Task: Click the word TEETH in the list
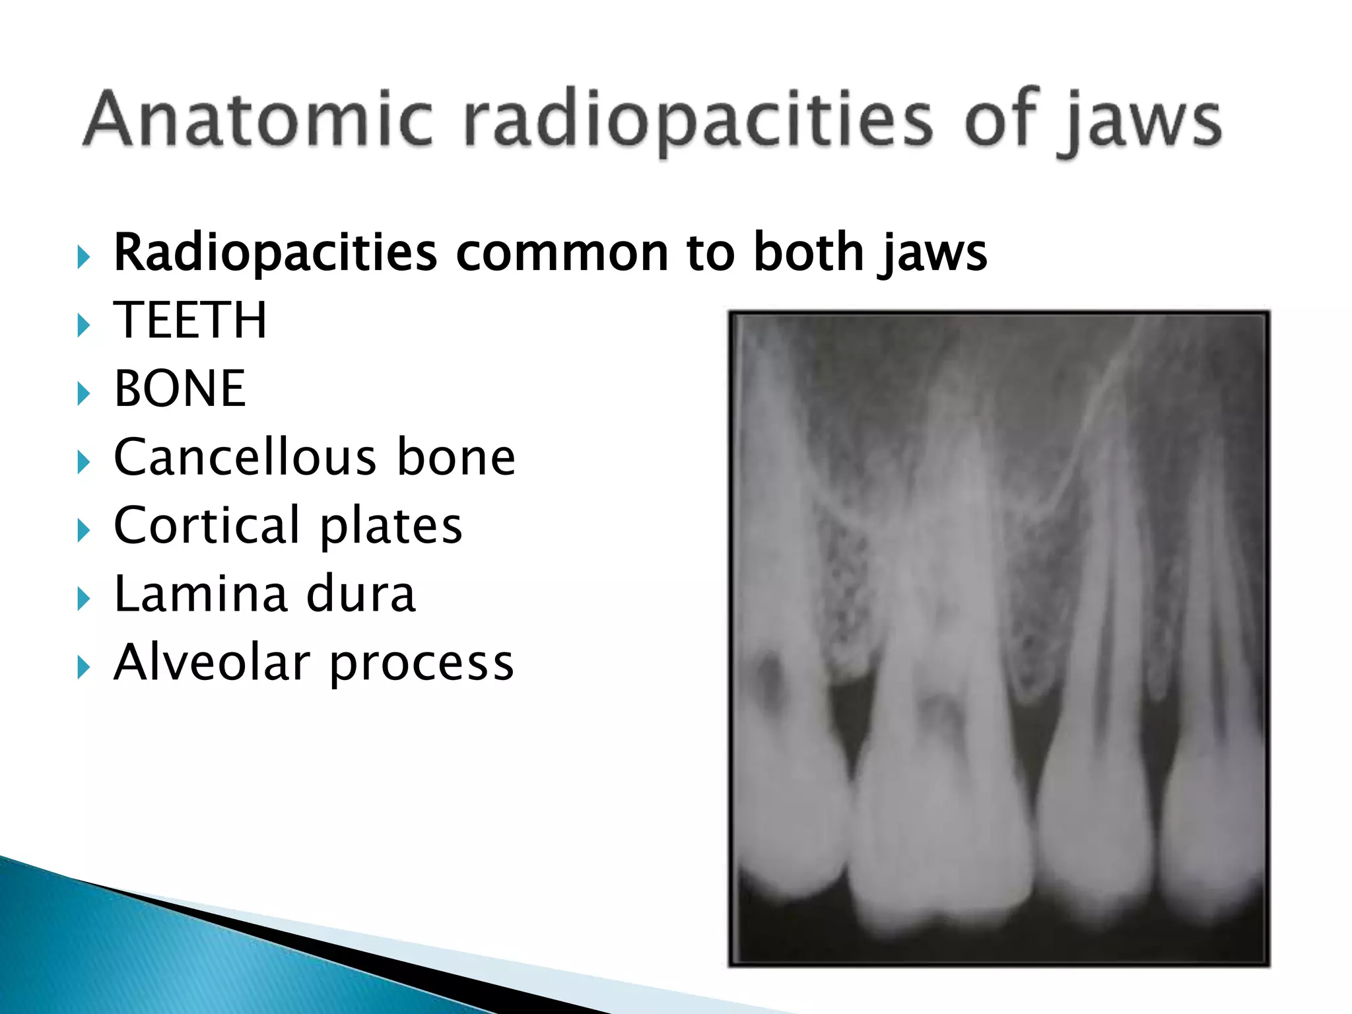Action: click(190, 321)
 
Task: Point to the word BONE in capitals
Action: click(180, 389)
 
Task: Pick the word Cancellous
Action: click(244, 457)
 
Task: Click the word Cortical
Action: click(207, 525)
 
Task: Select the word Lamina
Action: click(200, 593)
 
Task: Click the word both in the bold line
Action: click(808, 252)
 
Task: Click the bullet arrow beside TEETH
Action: click(83, 325)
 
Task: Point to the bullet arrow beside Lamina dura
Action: click(83, 599)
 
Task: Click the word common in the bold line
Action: click(562, 253)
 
